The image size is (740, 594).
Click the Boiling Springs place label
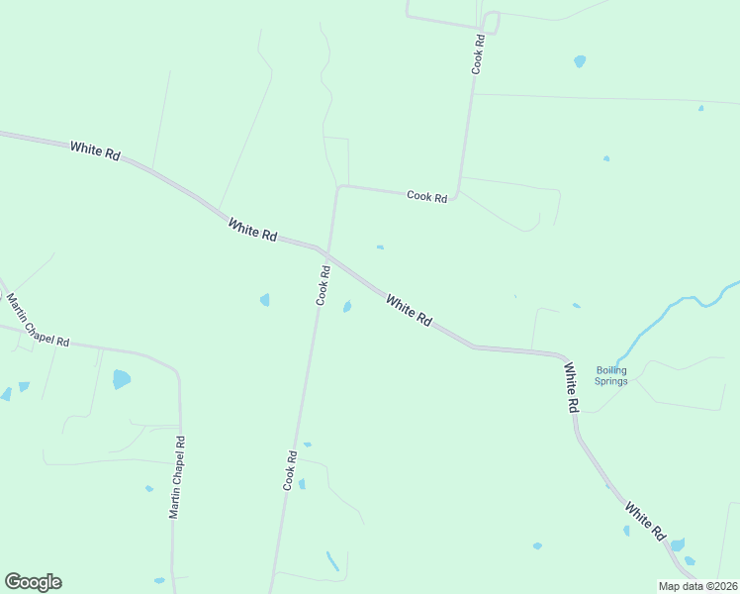[611, 375]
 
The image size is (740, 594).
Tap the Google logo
[33, 581]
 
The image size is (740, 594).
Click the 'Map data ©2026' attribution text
[698, 586]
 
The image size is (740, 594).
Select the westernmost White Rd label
[95, 152]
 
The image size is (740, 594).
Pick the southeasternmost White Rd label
[644, 520]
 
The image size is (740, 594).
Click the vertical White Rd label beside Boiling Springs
[572, 387]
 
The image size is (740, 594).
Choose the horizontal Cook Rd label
[427, 197]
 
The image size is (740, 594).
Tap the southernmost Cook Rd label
[290, 470]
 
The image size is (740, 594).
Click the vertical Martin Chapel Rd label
[176, 479]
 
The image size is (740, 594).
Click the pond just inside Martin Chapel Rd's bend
[122, 378]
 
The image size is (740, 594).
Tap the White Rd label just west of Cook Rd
[252, 230]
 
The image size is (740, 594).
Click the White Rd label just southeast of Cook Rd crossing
[409, 311]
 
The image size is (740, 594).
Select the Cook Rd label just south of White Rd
[323, 285]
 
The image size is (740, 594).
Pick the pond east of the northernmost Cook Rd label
[580, 60]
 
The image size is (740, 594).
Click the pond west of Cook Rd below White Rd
[265, 299]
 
